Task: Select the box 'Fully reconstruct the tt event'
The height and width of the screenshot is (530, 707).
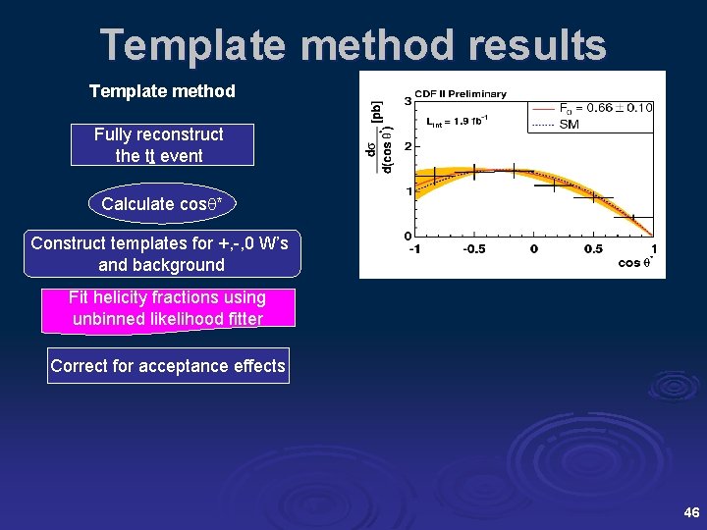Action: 159,145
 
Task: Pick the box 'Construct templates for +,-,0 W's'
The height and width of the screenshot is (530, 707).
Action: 161,254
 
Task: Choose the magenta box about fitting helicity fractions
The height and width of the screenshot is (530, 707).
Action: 167,308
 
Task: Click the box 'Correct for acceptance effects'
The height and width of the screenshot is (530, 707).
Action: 168,366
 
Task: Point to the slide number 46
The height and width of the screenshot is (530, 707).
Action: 690,512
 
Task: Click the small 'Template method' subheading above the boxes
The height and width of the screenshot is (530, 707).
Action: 162,91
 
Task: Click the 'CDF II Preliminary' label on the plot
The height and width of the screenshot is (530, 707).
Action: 460,94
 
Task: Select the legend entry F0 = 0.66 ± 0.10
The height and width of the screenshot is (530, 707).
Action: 605,108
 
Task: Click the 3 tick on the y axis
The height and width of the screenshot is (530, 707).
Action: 408,102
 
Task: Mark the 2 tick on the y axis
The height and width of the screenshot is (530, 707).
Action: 408,146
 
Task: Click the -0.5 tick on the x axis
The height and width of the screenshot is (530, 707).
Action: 475,249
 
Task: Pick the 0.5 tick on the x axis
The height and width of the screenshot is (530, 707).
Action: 593,249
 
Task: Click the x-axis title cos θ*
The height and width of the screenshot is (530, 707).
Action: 636,263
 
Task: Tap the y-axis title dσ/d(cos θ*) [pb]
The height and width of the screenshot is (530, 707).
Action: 379,137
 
